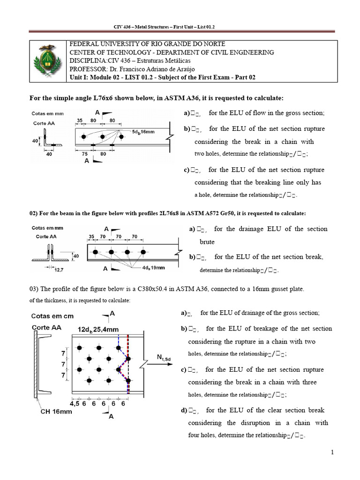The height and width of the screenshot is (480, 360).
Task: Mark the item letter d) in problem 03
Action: click(x=183, y=410)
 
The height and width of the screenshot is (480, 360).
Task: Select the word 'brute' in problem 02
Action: click(x=207, y=242)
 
